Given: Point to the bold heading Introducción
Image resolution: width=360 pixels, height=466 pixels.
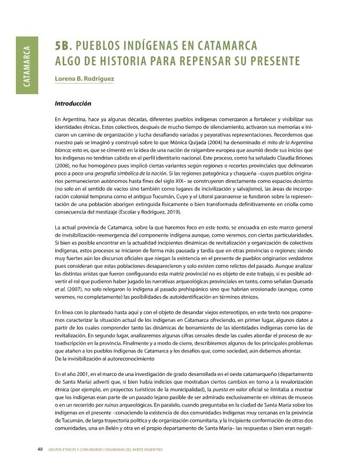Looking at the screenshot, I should coord(72,104).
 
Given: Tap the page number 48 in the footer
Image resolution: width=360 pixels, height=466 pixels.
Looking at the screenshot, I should coord(39,450).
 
